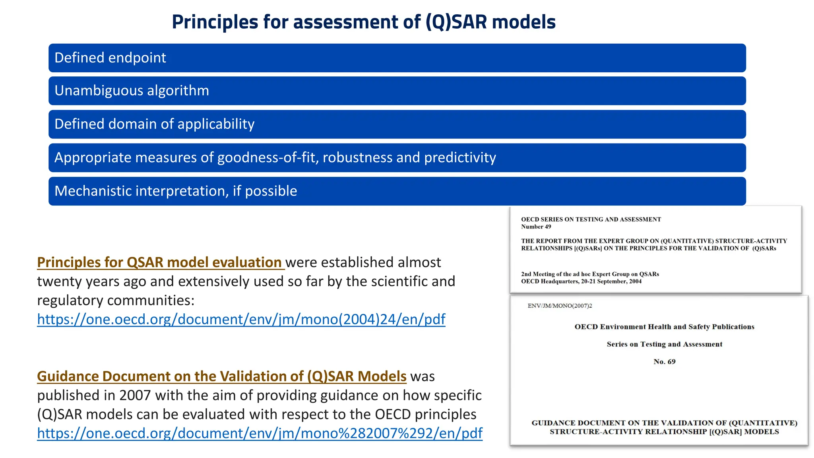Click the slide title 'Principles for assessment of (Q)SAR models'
pos(363,22)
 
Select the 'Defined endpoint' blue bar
pos(397,58)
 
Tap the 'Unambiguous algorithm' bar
pos(397,91)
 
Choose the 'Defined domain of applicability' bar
pos(397,124)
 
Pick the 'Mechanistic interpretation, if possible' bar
pos(397,191)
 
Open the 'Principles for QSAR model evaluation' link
pos(160,262)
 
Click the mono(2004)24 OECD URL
pos(241,319)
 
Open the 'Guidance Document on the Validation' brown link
pos(221,376)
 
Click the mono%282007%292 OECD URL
pos(260,433)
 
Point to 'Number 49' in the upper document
pos(536,227)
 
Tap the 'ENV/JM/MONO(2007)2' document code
pos(560,306)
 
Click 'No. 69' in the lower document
pos(664,362)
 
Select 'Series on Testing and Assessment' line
pos(664,344)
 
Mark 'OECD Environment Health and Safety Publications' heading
pos(664,327)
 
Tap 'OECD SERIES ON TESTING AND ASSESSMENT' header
pos(591,219)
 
